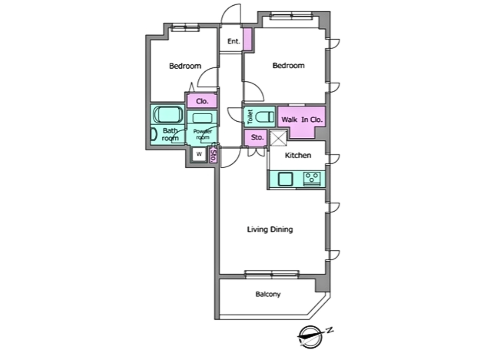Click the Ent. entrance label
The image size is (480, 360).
(x=234, y=41)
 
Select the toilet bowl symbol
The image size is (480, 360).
(x=265, y=117)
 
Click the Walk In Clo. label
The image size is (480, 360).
(x=302, y=120)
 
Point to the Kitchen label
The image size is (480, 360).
(x=298, y=155)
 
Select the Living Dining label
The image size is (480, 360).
(x=270, y=229)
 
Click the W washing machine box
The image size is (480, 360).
(x=199, y=154)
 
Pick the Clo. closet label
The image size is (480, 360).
(x=202, y=101)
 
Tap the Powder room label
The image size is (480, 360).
(x=203, y=134)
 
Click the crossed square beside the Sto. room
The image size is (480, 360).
(x=278, y=138)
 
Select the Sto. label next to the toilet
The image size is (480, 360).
(x=257, y=137)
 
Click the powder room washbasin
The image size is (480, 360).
(x=202, y=118)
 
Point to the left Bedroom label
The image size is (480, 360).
(x=185, y=66)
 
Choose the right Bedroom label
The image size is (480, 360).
(x=288, y=65)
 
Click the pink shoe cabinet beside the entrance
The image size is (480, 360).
(x=248, y=39)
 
